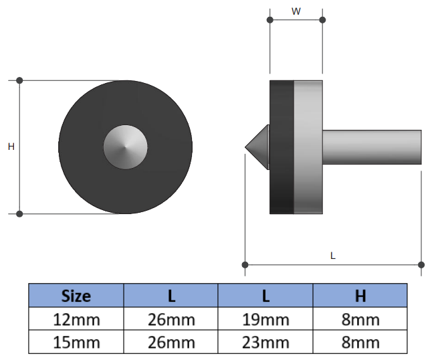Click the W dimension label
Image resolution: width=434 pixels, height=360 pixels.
pos(296,11)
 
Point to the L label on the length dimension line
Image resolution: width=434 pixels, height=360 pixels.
pos(333,255)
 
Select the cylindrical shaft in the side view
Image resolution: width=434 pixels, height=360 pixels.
pos(372,147)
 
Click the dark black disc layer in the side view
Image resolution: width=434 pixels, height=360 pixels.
pos(282,147)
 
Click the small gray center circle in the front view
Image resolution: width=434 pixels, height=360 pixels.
pos(126,147)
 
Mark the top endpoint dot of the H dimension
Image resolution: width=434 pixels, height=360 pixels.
pos(19,80)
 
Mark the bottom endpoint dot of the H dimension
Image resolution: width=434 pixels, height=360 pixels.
pos(19,213)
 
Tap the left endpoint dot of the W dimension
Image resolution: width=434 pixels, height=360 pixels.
pos(270,20)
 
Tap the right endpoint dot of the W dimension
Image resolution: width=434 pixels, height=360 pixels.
pos(322,20)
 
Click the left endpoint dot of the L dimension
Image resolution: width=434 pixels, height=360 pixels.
pos(245,264)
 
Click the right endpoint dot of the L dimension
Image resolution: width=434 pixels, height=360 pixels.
pos(421,264)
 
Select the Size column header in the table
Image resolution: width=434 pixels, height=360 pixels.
pos(76,295)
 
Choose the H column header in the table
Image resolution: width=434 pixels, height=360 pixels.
pos(360,295)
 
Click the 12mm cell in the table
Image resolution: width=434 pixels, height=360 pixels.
pos(76,319)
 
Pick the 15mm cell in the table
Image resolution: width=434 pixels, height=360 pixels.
pos(76,342)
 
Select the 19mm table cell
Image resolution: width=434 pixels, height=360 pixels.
pos(265,319)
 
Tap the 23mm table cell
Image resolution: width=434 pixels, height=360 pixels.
pos(265,342)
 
